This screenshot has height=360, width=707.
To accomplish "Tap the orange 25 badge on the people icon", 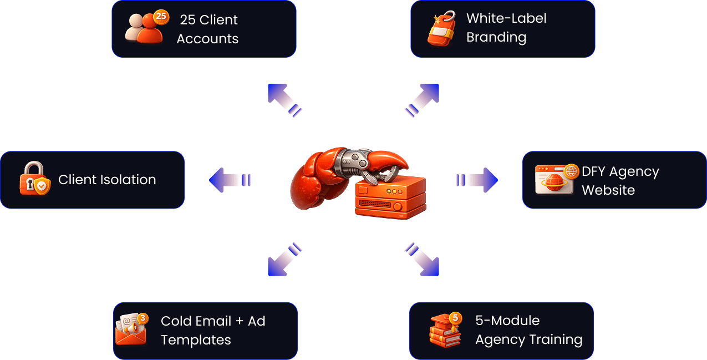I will pyautogui.click(x=161, y=17).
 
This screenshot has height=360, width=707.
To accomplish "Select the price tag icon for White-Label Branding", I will pyautogui.click(x=441, y=29).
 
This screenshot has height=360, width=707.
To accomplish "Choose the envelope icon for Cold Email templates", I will pyautogui.click(x=131, y=329).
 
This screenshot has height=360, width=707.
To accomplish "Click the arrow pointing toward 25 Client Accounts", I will pyautogui.click(x=283, y=99).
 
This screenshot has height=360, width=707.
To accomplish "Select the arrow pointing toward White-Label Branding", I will pyautogui.click(x=424, y=99).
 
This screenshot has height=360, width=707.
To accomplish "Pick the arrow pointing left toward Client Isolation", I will pyautogui.click(x=228, y=180).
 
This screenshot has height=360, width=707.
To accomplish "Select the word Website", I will pyautogui.click(x=608, y=190).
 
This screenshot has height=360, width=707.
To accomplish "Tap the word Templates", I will pyautogui.click(x=196, y=339).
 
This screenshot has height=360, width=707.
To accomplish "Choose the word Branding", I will pyautogui.click(x=496, y=37).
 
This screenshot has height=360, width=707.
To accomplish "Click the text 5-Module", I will pyautogui.click(x=507, y=321).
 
